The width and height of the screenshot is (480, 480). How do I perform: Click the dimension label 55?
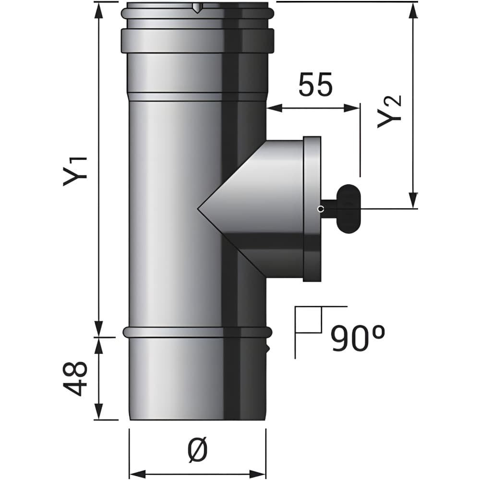[315, 84]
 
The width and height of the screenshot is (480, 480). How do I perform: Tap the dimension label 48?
[75, 378]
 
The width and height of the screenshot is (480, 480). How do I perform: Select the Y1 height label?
[75, 171]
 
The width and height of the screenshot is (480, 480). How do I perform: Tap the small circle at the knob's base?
[321, 209]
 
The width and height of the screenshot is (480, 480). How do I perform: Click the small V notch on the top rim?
[197, 9]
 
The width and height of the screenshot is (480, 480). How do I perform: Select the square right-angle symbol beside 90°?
[309, 320]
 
